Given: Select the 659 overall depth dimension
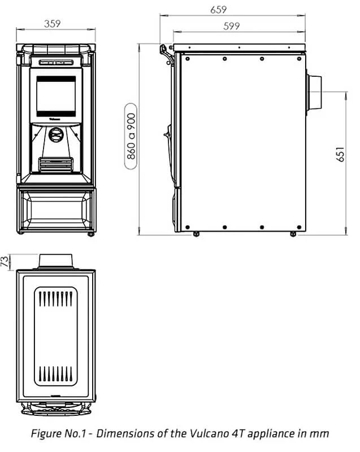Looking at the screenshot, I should click(x=218, y=10).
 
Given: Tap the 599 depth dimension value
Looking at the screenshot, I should click(x=231, y=26).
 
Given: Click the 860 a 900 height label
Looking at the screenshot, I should click(x=131, y=136).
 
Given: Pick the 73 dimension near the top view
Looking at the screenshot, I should click(x=5, y=262).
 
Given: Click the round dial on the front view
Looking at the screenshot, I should click(x=55, y=134).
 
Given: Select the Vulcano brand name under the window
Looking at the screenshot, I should click(x=55, y=119).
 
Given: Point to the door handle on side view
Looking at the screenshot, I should click(x=167, y=134).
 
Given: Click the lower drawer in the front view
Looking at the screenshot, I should click(x=55, y=208).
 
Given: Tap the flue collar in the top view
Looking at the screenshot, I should click(x=55, y=261).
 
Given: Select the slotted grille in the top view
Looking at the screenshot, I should click(x=55, y=336).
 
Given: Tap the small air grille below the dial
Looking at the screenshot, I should click(x=55, y=164).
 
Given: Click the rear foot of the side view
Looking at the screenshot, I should click(x=293, y=233).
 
